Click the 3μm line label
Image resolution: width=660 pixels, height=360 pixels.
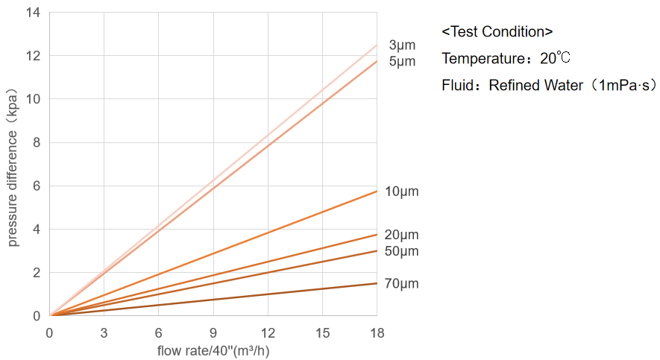pyautogui.click(x=402, y=45)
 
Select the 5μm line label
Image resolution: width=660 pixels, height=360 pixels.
pyautogui.click(x=402, y=61)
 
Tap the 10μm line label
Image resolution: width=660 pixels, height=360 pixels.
pyautogui.click(x=402, y=192)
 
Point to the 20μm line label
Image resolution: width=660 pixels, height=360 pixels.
pyautogui.click(x=402, y=236)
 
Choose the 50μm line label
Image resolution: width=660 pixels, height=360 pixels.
pyautogui.click(x=402, y=251)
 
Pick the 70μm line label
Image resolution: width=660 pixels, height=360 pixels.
pyautogui.click(x=402, y=284)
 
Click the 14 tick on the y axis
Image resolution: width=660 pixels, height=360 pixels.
pyautogui.click(x=34, y=13)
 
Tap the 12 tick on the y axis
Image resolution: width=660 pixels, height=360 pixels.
pyautogui.click(x=34, y=56)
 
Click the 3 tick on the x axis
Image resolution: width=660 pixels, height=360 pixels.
pyautogui.click(x=104, y=332)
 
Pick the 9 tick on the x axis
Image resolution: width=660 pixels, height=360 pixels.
pyautogui.click(x=213, y=332)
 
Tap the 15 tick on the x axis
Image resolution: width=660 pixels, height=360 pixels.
pyautogui.click(x=322, y=332)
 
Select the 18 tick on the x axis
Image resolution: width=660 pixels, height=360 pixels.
pyautogui.click(x=377, y=332)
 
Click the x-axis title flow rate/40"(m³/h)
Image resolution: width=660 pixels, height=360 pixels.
pyautogui.click(x=213, y=350)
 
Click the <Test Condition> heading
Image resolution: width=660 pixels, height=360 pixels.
pyautogui.click(x=497, y=31)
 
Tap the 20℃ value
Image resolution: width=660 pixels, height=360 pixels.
pyautogui.click(x=556, y=58)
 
